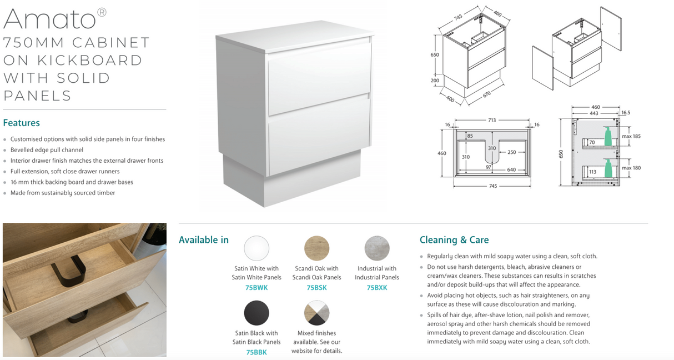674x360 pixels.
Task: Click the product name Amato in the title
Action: point(50,19)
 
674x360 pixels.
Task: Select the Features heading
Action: point(21,123)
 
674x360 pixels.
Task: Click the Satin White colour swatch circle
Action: point(256,248)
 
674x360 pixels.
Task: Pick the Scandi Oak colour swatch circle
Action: point(316,248)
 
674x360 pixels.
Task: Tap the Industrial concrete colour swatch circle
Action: point(377,248)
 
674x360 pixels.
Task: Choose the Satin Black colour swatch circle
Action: point(256,313)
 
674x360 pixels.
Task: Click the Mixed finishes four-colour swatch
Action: point(316,313)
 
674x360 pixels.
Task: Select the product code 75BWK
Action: point(256,288)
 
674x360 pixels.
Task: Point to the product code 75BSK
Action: point(316,288)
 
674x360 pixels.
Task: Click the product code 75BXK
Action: point(377,288)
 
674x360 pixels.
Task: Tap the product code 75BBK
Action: point(256,352)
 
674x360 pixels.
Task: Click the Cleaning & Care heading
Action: point(454,240)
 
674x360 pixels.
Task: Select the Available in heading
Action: point(204,240)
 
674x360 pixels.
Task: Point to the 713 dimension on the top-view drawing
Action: point(492,120)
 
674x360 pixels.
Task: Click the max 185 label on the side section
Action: point(631,136)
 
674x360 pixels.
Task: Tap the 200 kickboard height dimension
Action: point(435,81)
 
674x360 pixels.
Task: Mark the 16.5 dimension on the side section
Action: point(626,113)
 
